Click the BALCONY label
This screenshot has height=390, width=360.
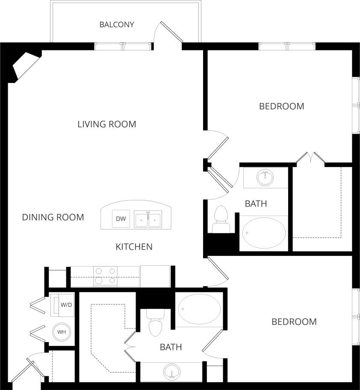pos(117,25)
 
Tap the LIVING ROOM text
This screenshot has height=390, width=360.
pos(107,124)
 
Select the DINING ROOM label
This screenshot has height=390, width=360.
pos(53,217)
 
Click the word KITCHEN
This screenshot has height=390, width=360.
pos(134,247)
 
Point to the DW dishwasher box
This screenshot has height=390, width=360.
pos(121,219)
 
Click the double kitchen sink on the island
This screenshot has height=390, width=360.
pos(148,219)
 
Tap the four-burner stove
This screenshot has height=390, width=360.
pos(106,276)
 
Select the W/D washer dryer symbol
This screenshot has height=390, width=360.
pos(62,305)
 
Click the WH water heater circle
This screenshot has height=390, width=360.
pos(62,331)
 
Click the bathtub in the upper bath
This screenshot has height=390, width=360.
pos(263,233)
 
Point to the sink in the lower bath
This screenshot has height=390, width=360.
pos(172,372)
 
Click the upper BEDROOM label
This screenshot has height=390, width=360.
pos(281,106)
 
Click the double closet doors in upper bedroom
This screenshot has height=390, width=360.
pos(311,157)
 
